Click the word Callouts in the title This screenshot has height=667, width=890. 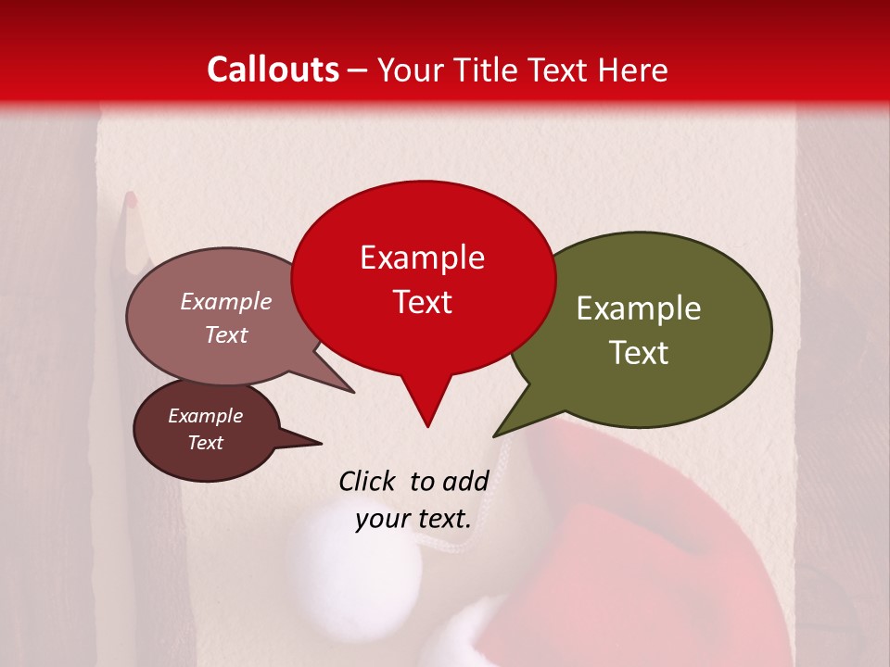273,69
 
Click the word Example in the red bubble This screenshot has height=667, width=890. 422,258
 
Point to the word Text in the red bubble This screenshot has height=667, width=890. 422,302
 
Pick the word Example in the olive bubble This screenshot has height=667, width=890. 639,308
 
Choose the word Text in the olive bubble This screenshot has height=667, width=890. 639,353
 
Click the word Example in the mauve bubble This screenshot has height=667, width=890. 226,301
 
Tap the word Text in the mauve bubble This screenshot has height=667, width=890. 226,334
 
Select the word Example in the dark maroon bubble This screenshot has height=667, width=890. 206,416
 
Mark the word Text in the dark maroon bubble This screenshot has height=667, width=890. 206,443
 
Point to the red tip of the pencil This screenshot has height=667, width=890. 131,198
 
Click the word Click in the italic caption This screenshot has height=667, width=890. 369,481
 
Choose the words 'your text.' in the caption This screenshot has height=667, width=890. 413,519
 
